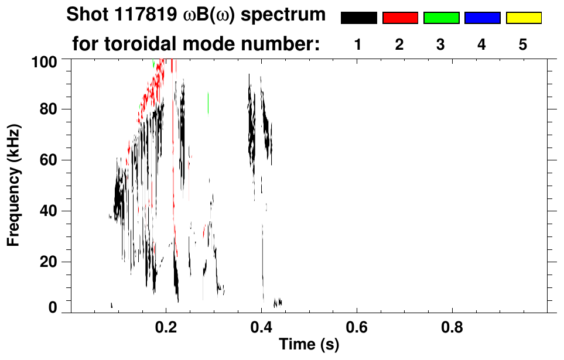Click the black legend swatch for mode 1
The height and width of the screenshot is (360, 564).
359,18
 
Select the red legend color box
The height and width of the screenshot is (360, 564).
400,18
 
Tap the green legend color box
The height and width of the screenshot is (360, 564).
441,18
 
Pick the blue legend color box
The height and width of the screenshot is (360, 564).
482,18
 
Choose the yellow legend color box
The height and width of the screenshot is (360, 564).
523,18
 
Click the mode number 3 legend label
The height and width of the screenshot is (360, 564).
441,44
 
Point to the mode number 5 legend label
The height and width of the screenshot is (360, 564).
523,44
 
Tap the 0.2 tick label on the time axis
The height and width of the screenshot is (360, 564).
166,327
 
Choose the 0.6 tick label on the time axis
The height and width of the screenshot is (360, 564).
357,327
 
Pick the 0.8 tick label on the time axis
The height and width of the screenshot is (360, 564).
452,327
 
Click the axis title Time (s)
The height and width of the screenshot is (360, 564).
309,345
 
